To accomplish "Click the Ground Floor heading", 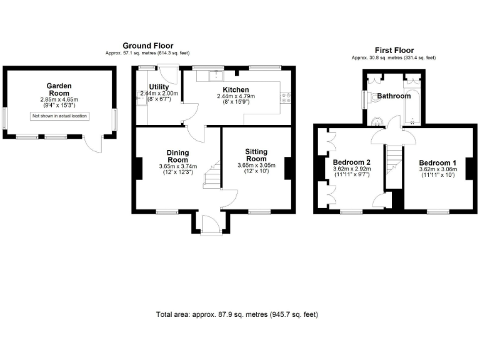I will pos(147,46).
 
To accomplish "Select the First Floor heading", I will pos(394,50).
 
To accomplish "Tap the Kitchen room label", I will pos(236,89).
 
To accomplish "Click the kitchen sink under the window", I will pos(216,76).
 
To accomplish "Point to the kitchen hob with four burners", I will pos(287,97).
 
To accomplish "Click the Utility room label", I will pos(158,86).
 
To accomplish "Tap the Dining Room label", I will pos(177,156).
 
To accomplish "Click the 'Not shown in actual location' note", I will pos(60,116).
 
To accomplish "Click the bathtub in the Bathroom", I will pos(412,103).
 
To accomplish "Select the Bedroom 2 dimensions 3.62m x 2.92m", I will pos(352,169).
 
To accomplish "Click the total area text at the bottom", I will pos(241,314).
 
